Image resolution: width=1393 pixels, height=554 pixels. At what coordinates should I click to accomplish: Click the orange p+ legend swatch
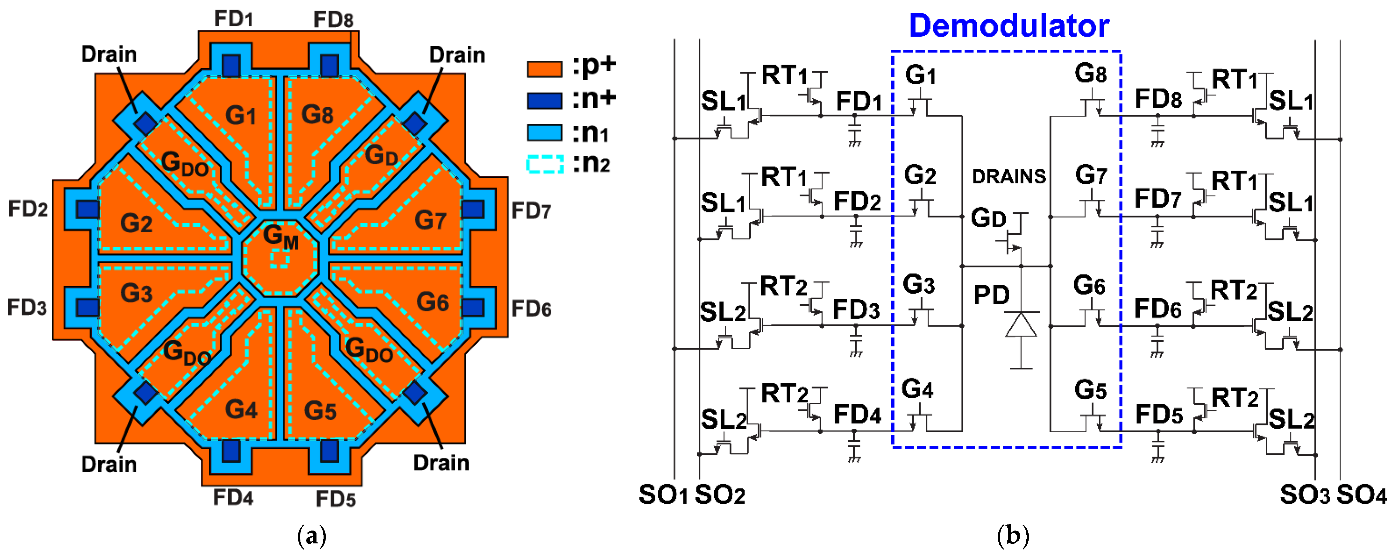(544, 69)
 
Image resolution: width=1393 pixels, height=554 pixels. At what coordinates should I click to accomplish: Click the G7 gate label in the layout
(430, 220)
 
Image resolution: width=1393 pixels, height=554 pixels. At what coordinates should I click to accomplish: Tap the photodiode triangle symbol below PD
(1021, 326)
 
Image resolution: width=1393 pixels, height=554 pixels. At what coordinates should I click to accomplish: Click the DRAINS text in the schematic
(1009, 177)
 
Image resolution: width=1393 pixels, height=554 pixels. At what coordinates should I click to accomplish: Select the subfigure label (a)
(312, 536)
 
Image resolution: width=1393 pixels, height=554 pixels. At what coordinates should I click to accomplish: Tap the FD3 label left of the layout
(27, 308)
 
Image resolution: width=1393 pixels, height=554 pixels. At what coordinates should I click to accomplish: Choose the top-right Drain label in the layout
(457, 55)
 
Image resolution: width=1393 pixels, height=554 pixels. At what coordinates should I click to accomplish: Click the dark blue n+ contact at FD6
(473, 308)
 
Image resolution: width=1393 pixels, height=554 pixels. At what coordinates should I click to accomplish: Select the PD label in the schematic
(991, 295)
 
